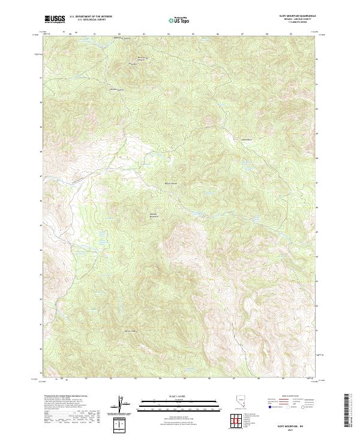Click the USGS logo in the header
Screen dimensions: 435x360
pyautogui.click(x=55, y=19)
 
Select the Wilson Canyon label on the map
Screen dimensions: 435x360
pyautogui.click(x=171, y=183)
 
